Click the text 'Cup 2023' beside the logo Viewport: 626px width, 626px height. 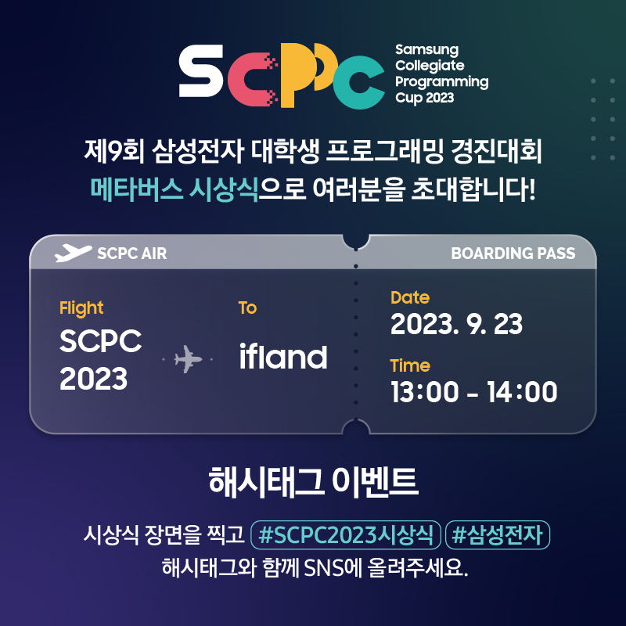424,99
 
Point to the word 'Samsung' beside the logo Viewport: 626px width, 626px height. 426,50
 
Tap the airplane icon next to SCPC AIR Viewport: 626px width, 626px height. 73,253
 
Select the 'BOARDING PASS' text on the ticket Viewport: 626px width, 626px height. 513,253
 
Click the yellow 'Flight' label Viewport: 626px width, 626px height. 81,308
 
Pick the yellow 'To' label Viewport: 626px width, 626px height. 247,308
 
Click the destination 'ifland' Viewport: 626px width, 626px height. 282,357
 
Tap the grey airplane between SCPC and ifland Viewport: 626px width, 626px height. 187,360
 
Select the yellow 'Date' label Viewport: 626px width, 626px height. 410,297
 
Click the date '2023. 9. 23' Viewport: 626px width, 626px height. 456,323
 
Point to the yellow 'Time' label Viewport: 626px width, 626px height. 410,365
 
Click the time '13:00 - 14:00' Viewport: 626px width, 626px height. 473,391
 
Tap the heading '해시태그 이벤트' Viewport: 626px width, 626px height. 313,481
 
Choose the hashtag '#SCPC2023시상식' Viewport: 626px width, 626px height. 346,536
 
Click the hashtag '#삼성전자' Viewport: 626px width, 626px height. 498,536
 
